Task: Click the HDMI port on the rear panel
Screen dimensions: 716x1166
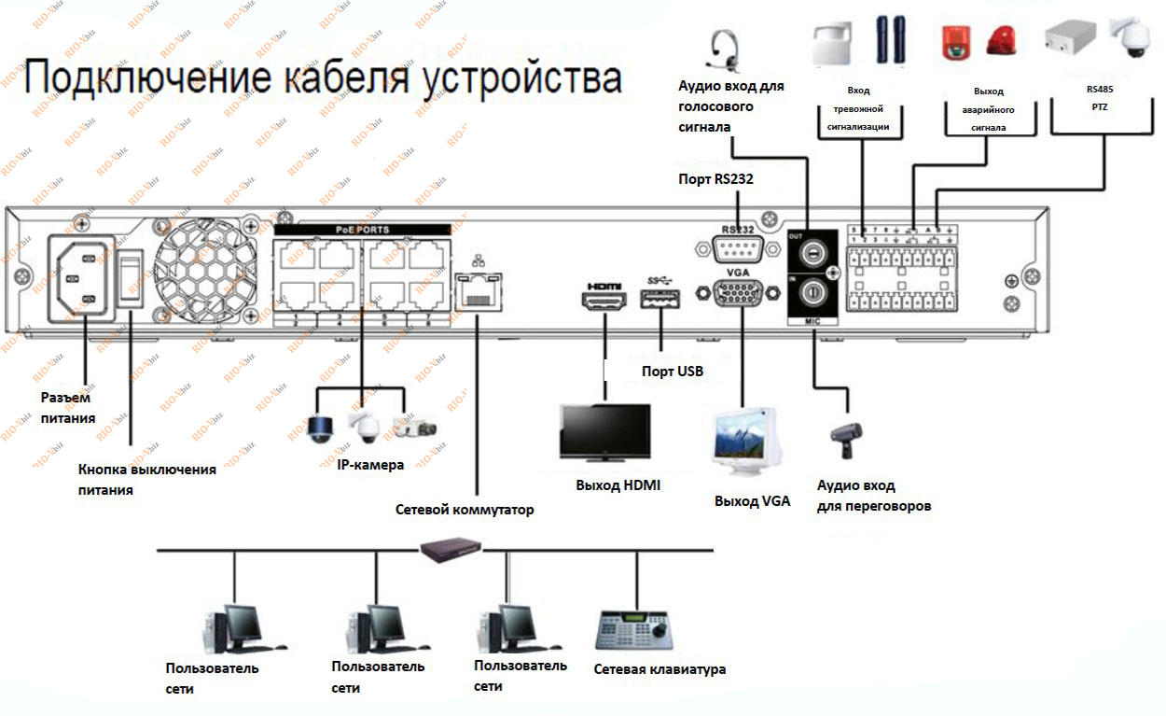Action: [605, 301]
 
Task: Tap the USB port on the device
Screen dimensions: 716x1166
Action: [659, 300]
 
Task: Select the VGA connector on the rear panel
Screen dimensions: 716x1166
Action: [738, 293]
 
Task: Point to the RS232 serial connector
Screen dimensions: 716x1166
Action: [737, 250]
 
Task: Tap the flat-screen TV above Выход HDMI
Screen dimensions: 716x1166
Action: [604, 432]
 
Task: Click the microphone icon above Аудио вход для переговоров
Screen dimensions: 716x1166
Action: [846, 435]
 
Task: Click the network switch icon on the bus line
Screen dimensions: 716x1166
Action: [452, 550]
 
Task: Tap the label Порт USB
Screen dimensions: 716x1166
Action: [672, 372]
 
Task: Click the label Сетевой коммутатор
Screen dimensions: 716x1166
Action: [465, 510]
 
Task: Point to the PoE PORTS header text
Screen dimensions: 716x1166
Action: [363, 229]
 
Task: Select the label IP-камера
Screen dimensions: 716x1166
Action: [370, 464]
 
